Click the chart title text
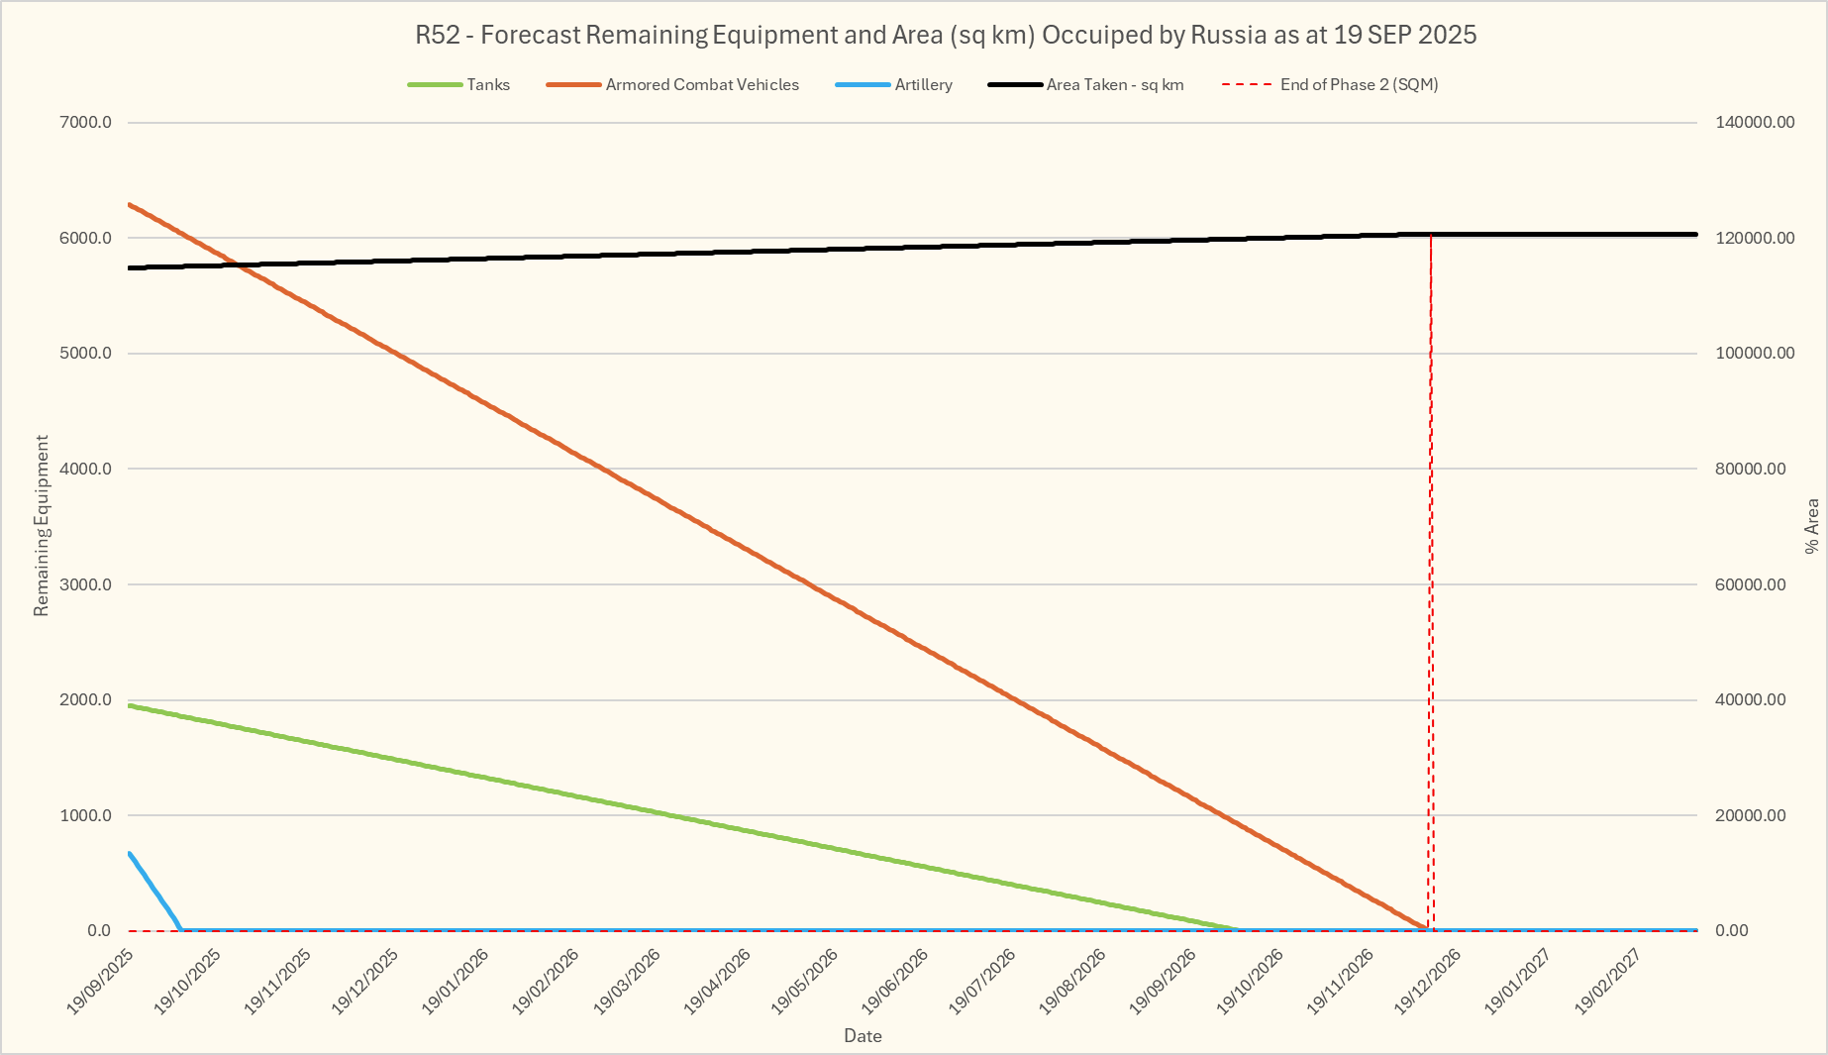click(x=946, y=35)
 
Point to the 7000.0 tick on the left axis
click(x=86, y=123)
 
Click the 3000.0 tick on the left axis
click(x=86, y=584)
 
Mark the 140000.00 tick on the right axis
click(x=1755, y=123)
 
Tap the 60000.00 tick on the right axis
click(x=1751, y=584)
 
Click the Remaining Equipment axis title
click(x=42, y=525)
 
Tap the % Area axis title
click(x=1812, y=525)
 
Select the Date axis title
click(x=863, y=1036)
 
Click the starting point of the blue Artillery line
click(x=130, y=853)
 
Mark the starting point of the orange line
click(x=130, y=204)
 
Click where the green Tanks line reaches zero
click(x=1238, y=929)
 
